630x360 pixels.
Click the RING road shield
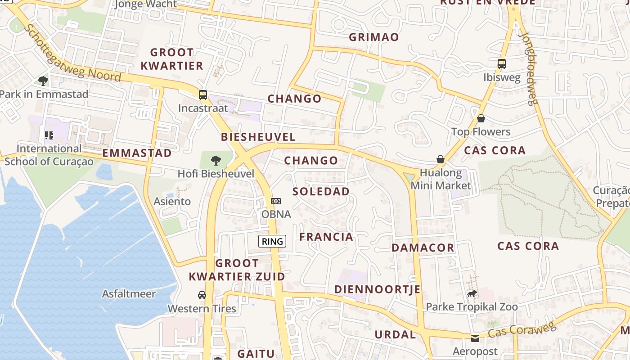pyautogui.click(x=273, y=241)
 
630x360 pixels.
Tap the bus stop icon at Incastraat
pyautogui.click(x=203, y=94)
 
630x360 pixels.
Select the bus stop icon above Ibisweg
pyautogui.click(x=502, y=64)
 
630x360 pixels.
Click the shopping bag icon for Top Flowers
pyautogui.click(x=481, y=118)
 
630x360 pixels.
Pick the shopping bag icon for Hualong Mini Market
pyautogui.click(x=441, y=159)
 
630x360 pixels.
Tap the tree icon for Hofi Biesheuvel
pyautogui.click(x=216, y=160)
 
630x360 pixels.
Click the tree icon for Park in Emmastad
pyautogui.click(x=43, y=81)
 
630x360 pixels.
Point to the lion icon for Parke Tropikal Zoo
pyautogui.click(x=472, y=294)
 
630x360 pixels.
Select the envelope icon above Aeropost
pyautogui.click(x=475, y=338)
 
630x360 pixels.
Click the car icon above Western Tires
pyautogui.click(x=202, y=295)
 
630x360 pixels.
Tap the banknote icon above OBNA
pyautogui.click(x=276, y=201)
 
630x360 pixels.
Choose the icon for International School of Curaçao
pyautogui.click(x=49, y=135)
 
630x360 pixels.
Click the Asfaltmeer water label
pyautogui.click(x=129, y=294)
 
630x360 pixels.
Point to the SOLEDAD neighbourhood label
pyautogui.click(x=321, y=191)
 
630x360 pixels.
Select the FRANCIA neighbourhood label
pyautogui.click(x=326, y=237)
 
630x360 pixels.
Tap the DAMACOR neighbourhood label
pyautogui.click(x=423, y=247)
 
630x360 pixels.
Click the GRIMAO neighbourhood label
pyautogui.click(x=374, y=37)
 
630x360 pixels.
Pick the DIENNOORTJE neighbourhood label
pyautogui.click(x=377, y=289)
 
